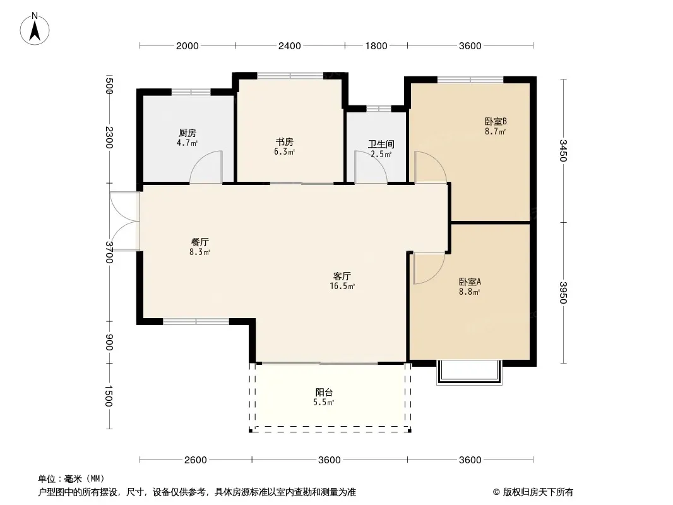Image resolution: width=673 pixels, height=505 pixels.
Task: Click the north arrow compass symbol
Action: click(35, 28)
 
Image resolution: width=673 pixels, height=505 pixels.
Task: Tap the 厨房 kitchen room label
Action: click(188, 133)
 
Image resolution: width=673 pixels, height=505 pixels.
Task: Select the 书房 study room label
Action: click(285, 142)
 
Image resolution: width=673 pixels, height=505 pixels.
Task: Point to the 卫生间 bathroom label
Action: click(381, 144)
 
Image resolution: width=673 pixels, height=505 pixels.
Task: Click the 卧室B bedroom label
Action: click(496, 121)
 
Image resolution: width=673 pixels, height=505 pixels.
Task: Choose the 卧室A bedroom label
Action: click(470, 282)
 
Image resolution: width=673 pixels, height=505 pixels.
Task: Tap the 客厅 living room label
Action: click(342, 276)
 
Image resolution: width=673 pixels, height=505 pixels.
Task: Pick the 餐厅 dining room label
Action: click(200, 242)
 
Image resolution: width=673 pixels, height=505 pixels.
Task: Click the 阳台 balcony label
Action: click(324, 392)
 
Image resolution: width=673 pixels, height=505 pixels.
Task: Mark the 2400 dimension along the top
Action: click(290, 46)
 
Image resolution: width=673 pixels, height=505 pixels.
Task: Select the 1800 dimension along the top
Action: click(376, 46)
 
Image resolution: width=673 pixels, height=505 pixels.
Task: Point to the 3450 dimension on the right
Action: click(563, 151)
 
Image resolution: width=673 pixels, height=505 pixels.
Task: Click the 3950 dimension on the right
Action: click(563, 293)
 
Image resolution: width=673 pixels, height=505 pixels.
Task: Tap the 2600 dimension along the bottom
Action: click(196, 460)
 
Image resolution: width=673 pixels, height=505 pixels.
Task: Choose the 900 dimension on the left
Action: click(109, 342)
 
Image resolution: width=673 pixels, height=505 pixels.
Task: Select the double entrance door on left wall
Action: click(124, 221)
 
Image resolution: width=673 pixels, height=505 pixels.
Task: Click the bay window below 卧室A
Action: click(469, 372)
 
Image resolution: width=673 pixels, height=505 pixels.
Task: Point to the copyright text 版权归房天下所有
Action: click(538, 492)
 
